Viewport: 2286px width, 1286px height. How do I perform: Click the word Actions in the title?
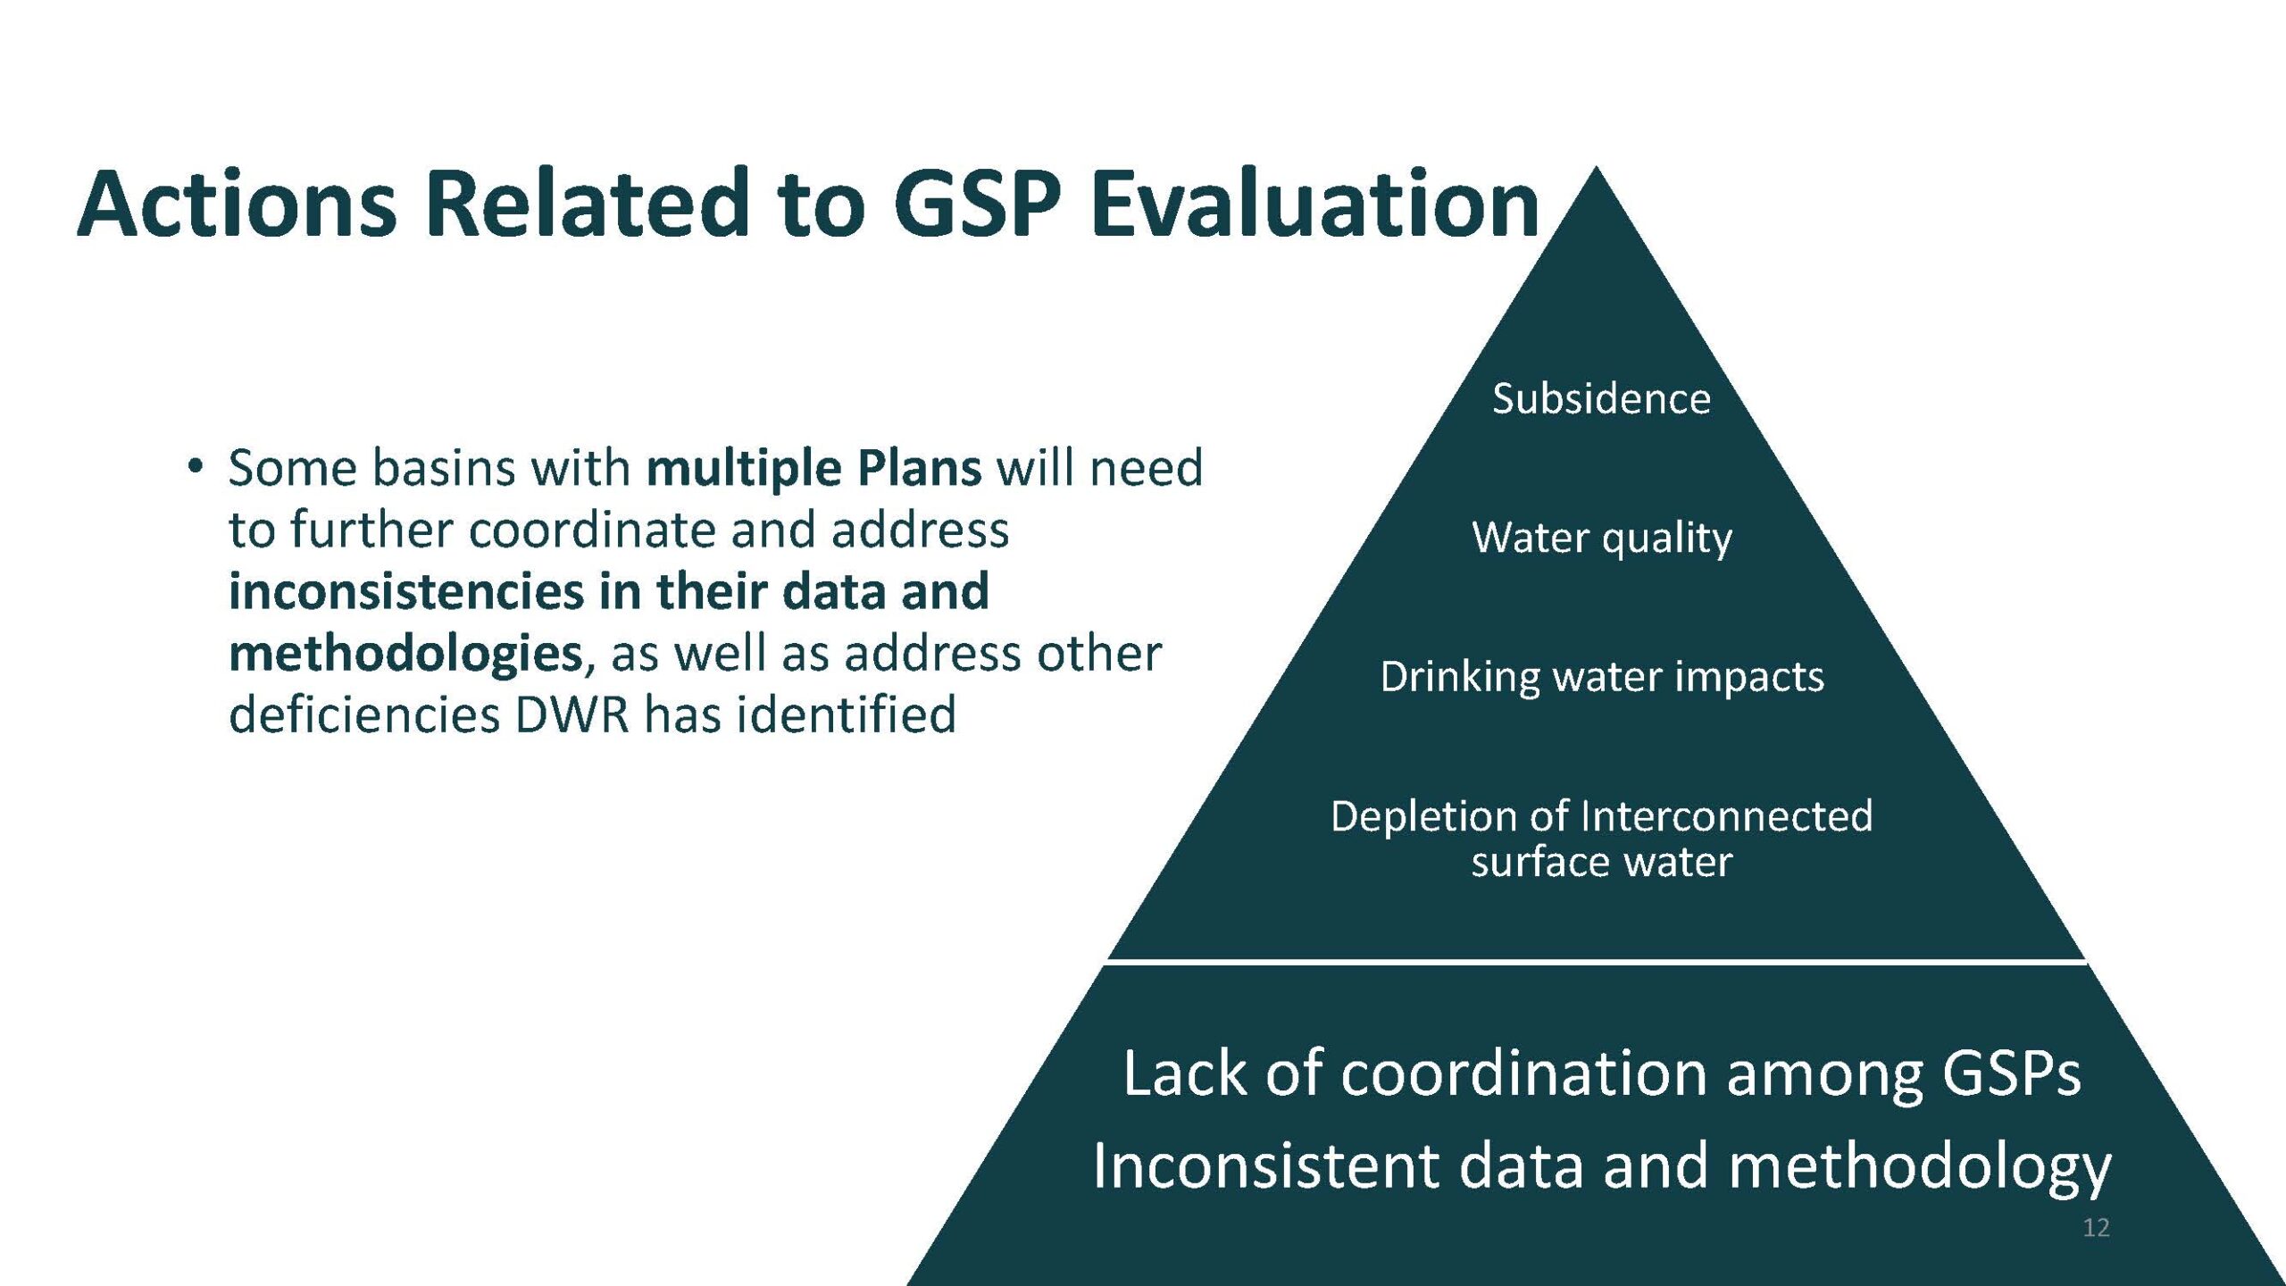tap(238, 204)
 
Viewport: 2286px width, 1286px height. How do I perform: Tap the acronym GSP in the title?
tap(977, 204)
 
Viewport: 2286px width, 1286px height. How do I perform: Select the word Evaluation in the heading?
tap(1314, 204)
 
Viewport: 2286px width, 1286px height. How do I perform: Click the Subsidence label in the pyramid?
tap(1601, 398)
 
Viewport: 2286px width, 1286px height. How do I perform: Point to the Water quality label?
tap(1602, 538)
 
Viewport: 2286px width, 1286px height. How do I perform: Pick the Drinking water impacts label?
tap(1602, 676)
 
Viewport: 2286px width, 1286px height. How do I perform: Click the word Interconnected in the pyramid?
tap(1726, 815)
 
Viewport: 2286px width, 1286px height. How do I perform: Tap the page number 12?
tap(2096, 1227)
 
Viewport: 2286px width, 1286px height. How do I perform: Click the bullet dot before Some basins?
tap(195, 466)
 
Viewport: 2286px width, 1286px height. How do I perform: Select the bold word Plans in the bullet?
tap(920, 468)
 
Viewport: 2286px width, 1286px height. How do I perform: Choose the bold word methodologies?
tap(406, 654)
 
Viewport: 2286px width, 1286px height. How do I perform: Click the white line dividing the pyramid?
tap(1597, 962)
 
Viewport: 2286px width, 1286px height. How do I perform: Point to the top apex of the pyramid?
tap(1597, 167)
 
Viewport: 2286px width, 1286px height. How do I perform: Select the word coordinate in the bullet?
tap(592, 530)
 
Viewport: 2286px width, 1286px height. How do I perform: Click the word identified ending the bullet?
tap(847, 714)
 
